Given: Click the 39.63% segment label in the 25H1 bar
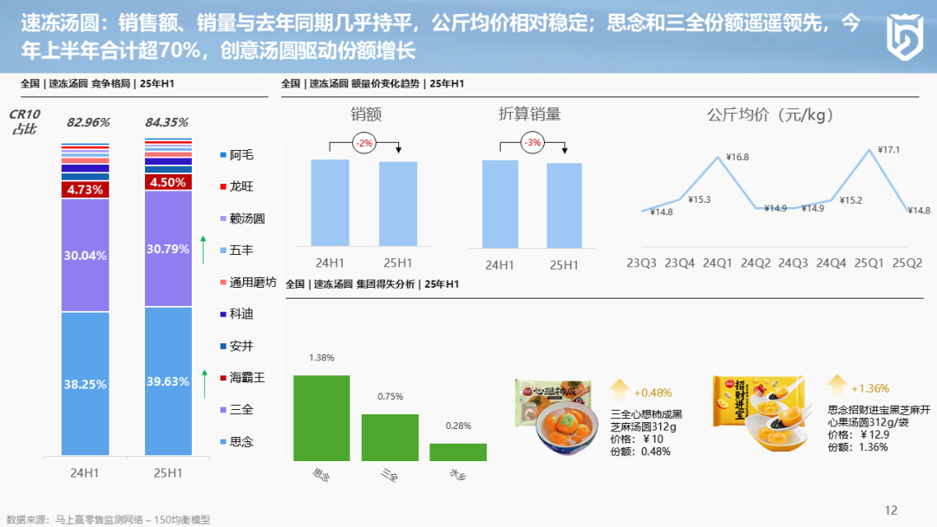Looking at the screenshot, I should tap(167, 381).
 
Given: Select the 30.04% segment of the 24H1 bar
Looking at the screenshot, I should tap(85, 255).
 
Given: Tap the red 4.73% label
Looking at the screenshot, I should tap(85, 189).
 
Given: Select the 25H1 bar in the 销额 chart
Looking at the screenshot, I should tap(398, 205).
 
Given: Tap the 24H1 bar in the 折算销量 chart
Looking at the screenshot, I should tap(501, 204).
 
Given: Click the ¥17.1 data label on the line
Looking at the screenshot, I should tap(888, 150).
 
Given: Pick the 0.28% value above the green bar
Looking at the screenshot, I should tap(457, 426).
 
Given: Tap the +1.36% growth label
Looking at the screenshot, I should tap(870, 388).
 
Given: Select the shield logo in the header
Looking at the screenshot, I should tap(902, 36).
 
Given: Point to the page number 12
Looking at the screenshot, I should tap(891, 510).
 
